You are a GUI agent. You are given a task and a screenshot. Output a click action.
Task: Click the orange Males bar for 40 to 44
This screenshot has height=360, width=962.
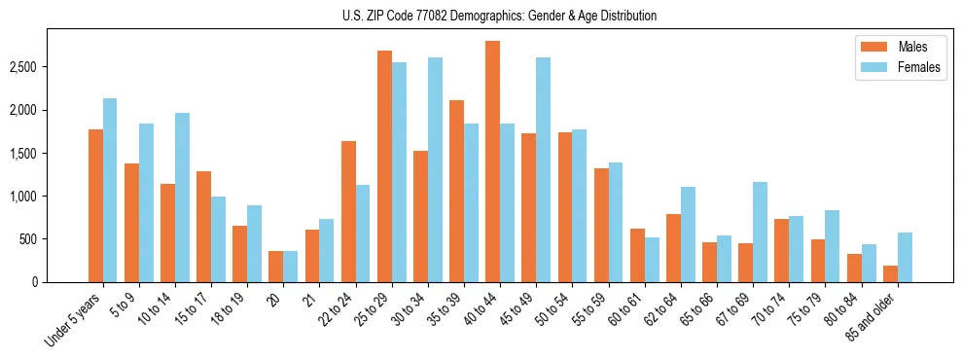[492, 162]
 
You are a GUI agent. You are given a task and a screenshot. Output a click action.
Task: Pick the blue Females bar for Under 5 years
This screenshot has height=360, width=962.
[110, 191]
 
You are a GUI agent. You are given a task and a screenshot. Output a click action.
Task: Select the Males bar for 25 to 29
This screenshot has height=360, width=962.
[384, 166]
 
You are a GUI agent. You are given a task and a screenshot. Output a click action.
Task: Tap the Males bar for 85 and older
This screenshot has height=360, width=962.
[890, 273]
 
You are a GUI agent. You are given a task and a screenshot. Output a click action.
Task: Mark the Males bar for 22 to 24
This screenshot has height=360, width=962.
[348, 211]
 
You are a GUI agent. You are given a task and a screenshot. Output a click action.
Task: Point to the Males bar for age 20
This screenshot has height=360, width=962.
[276, 267]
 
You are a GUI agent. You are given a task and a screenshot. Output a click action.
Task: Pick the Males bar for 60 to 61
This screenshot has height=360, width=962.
[637, 255]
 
